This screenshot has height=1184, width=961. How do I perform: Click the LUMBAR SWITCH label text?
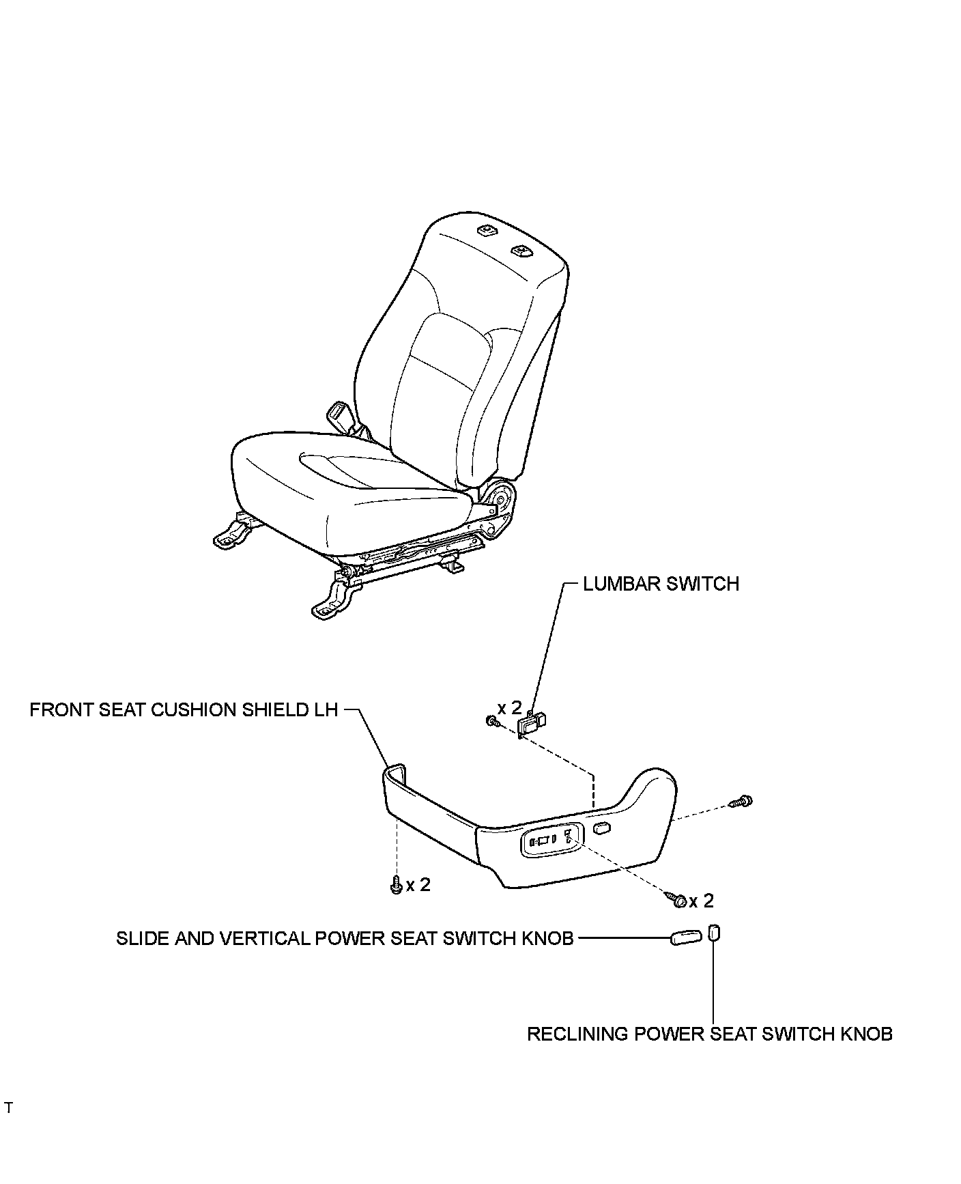661,584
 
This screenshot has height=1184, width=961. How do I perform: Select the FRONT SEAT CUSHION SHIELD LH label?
184,709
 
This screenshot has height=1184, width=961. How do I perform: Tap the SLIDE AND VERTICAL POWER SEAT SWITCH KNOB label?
345,938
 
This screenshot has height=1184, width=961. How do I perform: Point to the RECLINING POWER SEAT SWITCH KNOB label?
709,1034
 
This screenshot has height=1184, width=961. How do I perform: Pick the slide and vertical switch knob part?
685,938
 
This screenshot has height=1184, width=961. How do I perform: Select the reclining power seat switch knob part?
713,932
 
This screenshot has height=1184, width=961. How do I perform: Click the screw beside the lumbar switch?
492,721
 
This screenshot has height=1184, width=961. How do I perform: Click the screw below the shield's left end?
396,886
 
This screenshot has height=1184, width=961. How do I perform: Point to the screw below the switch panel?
678,901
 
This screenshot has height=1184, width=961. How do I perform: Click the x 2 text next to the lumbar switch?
509,707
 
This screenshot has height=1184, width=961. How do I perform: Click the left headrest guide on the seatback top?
486,231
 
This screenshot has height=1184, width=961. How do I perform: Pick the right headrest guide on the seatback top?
522,252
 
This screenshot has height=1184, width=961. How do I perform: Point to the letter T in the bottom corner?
8,1108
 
